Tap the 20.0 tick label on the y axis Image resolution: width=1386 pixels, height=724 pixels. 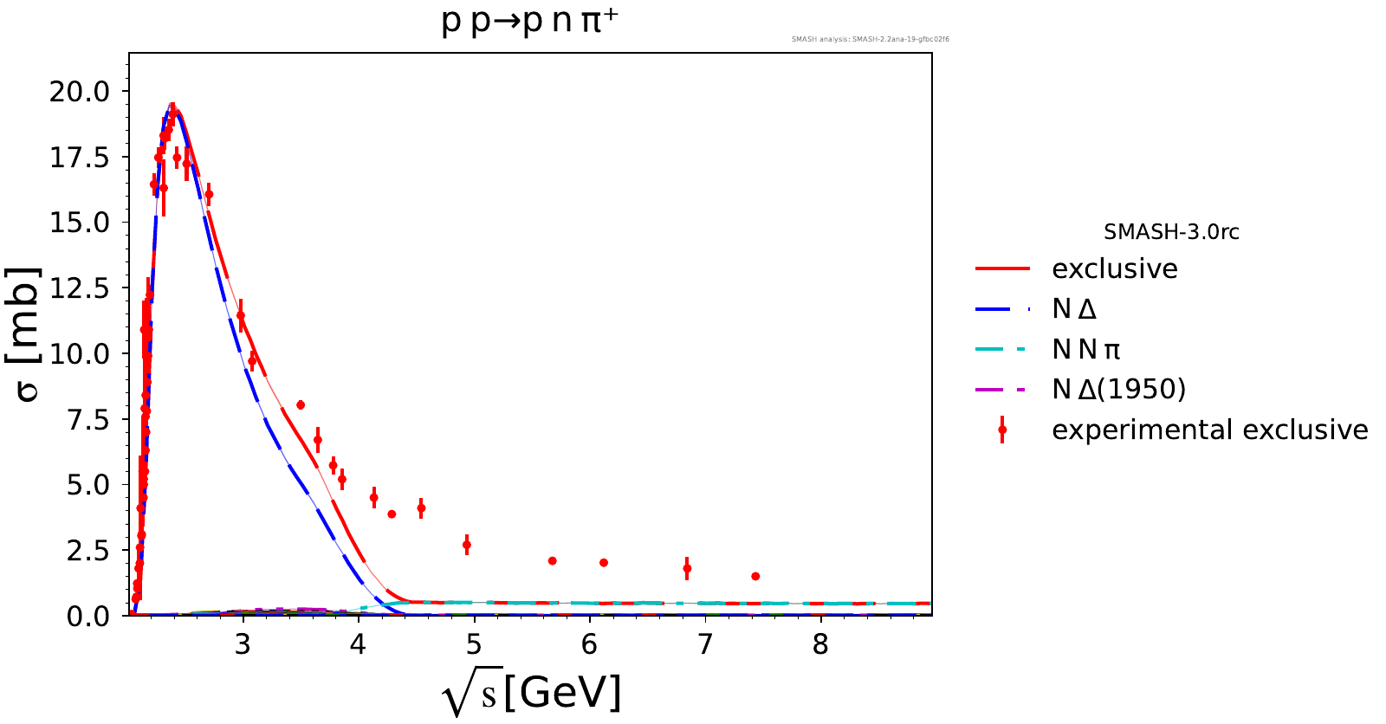pyautogui.click(x=80, y=91)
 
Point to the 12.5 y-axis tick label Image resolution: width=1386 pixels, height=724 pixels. pyautogui.click(x=80, y=288)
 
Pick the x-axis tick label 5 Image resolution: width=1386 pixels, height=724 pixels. pyautogui.click(x=474, y=644)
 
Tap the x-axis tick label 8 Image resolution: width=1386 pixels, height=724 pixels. pyautogui.click(x=820, y=644)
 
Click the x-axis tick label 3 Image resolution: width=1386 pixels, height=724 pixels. pyautogui.click(x=243, y=644)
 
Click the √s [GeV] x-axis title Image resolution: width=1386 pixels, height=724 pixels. pyautogui.click(x=531, y=694)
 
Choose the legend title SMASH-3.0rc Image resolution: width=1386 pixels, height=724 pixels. pyautogui.click(x=1171, y=232)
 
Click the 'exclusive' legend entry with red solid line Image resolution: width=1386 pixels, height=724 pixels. pyautogui.click(x=1114, y=269)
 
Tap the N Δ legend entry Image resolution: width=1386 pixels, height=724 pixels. pyautogui.click(x=1074, y=309)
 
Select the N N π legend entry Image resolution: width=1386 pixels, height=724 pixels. pyautogui.click(x=1085, y=349)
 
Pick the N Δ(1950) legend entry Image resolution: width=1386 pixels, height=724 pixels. pyautogui.click(x=1118, y=389)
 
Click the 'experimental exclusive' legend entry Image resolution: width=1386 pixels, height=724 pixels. pyautogui.click(x=1209, y=430)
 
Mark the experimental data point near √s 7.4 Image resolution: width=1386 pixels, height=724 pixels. pyautogui.click(x=755, y=576)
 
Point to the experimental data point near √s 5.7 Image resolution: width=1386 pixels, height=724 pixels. pyautogui.click(x=552, y=561)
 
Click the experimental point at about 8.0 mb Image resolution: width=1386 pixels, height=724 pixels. pyautogui.click(x=301, y=404)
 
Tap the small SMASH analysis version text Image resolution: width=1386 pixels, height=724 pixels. pyautogui.click(x=870, y=39)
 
